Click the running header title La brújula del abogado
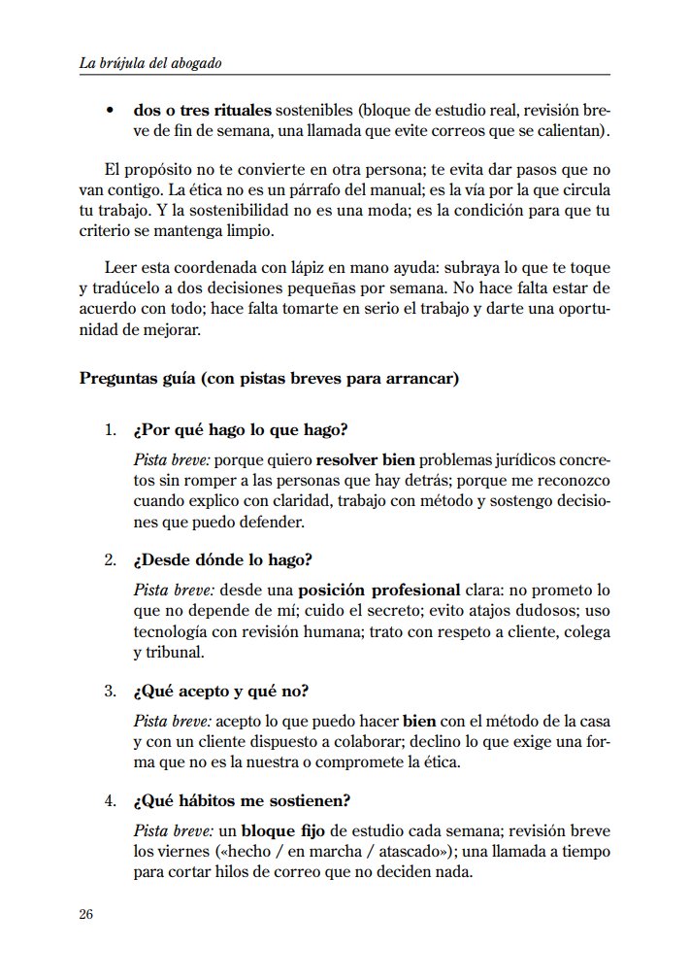tap(150, 63)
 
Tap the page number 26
tap(85, 914)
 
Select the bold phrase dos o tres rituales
tap(202, 111)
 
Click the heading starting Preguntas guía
tap(268, 378)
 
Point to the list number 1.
tap(110, 430)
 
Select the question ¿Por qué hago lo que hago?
tap(241, 430)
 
